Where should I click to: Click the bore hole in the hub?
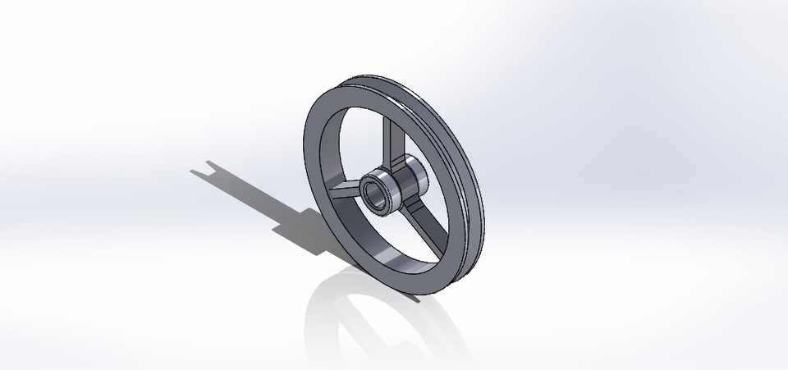click(x=376, y=194)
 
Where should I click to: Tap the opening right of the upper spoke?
click(x=427, y=148)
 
